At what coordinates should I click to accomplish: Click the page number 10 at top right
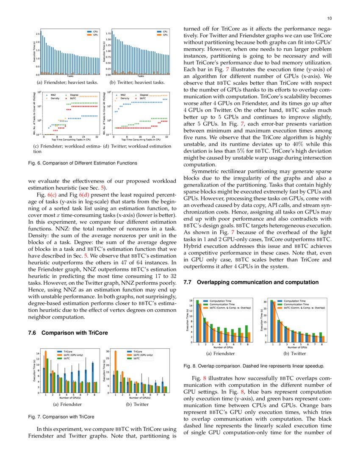[330, 18]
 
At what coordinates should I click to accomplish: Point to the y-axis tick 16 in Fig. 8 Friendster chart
[191, 301]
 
